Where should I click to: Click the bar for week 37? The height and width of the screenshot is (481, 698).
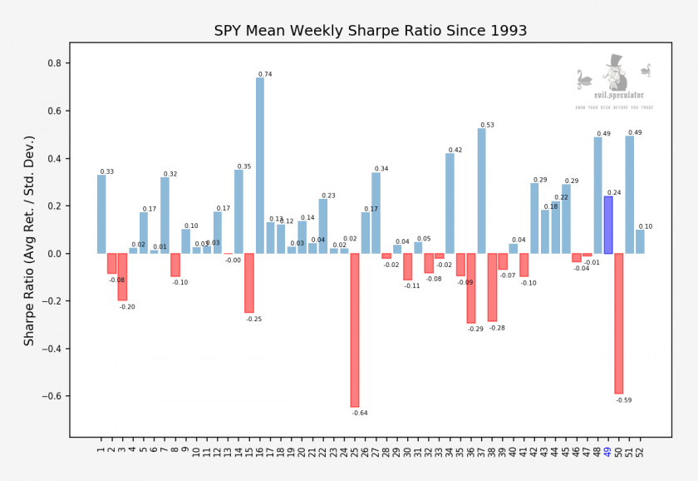(482, 191)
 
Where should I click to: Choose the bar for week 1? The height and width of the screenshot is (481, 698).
(101, 214)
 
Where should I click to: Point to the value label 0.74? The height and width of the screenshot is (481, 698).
(265, 75)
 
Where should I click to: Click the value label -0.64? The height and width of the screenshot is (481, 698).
(360, 413)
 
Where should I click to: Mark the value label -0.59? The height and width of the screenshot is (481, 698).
(624, 400)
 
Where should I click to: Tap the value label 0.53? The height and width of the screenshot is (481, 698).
(487, 126)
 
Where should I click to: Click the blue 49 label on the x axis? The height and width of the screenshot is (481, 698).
(608, 452)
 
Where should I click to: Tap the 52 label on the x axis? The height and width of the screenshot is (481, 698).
(640, 452)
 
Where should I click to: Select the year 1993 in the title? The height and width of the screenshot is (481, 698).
(504, 32)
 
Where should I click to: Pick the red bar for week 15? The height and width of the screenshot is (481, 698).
(249, 283)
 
